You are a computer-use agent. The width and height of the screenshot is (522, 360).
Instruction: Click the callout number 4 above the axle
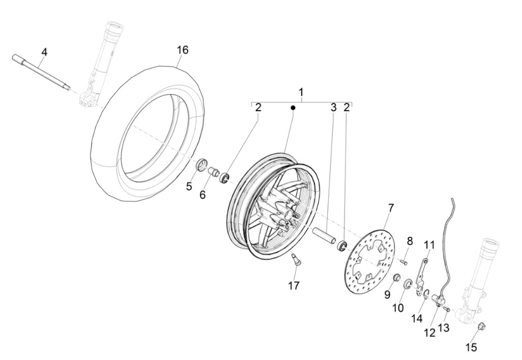pos(44,52)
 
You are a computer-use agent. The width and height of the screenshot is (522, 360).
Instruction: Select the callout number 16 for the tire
pos(182,50)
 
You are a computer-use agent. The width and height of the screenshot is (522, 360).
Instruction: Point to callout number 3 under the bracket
pos(333,107)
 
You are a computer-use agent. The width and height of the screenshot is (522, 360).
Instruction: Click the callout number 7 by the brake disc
pos(391,208)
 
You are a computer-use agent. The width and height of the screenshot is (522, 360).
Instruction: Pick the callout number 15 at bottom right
pos(471,347)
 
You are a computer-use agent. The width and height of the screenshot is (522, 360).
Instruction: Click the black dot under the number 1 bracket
pos(293,108)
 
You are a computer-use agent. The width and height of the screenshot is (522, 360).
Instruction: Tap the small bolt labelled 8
pos(404,262)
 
